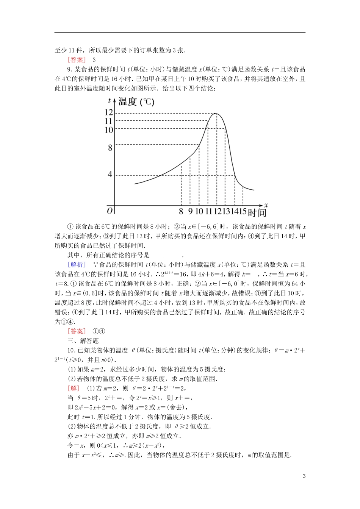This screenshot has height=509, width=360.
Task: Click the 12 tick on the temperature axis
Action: point(109,112)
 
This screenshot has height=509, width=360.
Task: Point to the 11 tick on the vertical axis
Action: point(109,121)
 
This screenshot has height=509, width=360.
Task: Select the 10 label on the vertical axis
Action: point(109,130)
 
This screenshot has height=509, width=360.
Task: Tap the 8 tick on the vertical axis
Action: point(110,147)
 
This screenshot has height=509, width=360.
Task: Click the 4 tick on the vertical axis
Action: point(110,175)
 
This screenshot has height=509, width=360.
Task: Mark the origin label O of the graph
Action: point(110,211)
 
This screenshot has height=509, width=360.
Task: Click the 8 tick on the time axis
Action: point(181,211)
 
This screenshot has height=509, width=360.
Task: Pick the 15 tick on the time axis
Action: point(243,211)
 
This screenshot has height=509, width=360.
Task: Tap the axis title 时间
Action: point(257,212)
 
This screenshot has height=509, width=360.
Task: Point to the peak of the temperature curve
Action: point(216,113)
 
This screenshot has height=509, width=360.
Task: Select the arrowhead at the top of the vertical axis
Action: point(114,100)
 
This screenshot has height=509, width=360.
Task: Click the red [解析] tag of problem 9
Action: point(77,265)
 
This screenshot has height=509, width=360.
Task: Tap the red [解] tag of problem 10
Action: point(74,388)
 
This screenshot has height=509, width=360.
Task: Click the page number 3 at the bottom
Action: point(304,476)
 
